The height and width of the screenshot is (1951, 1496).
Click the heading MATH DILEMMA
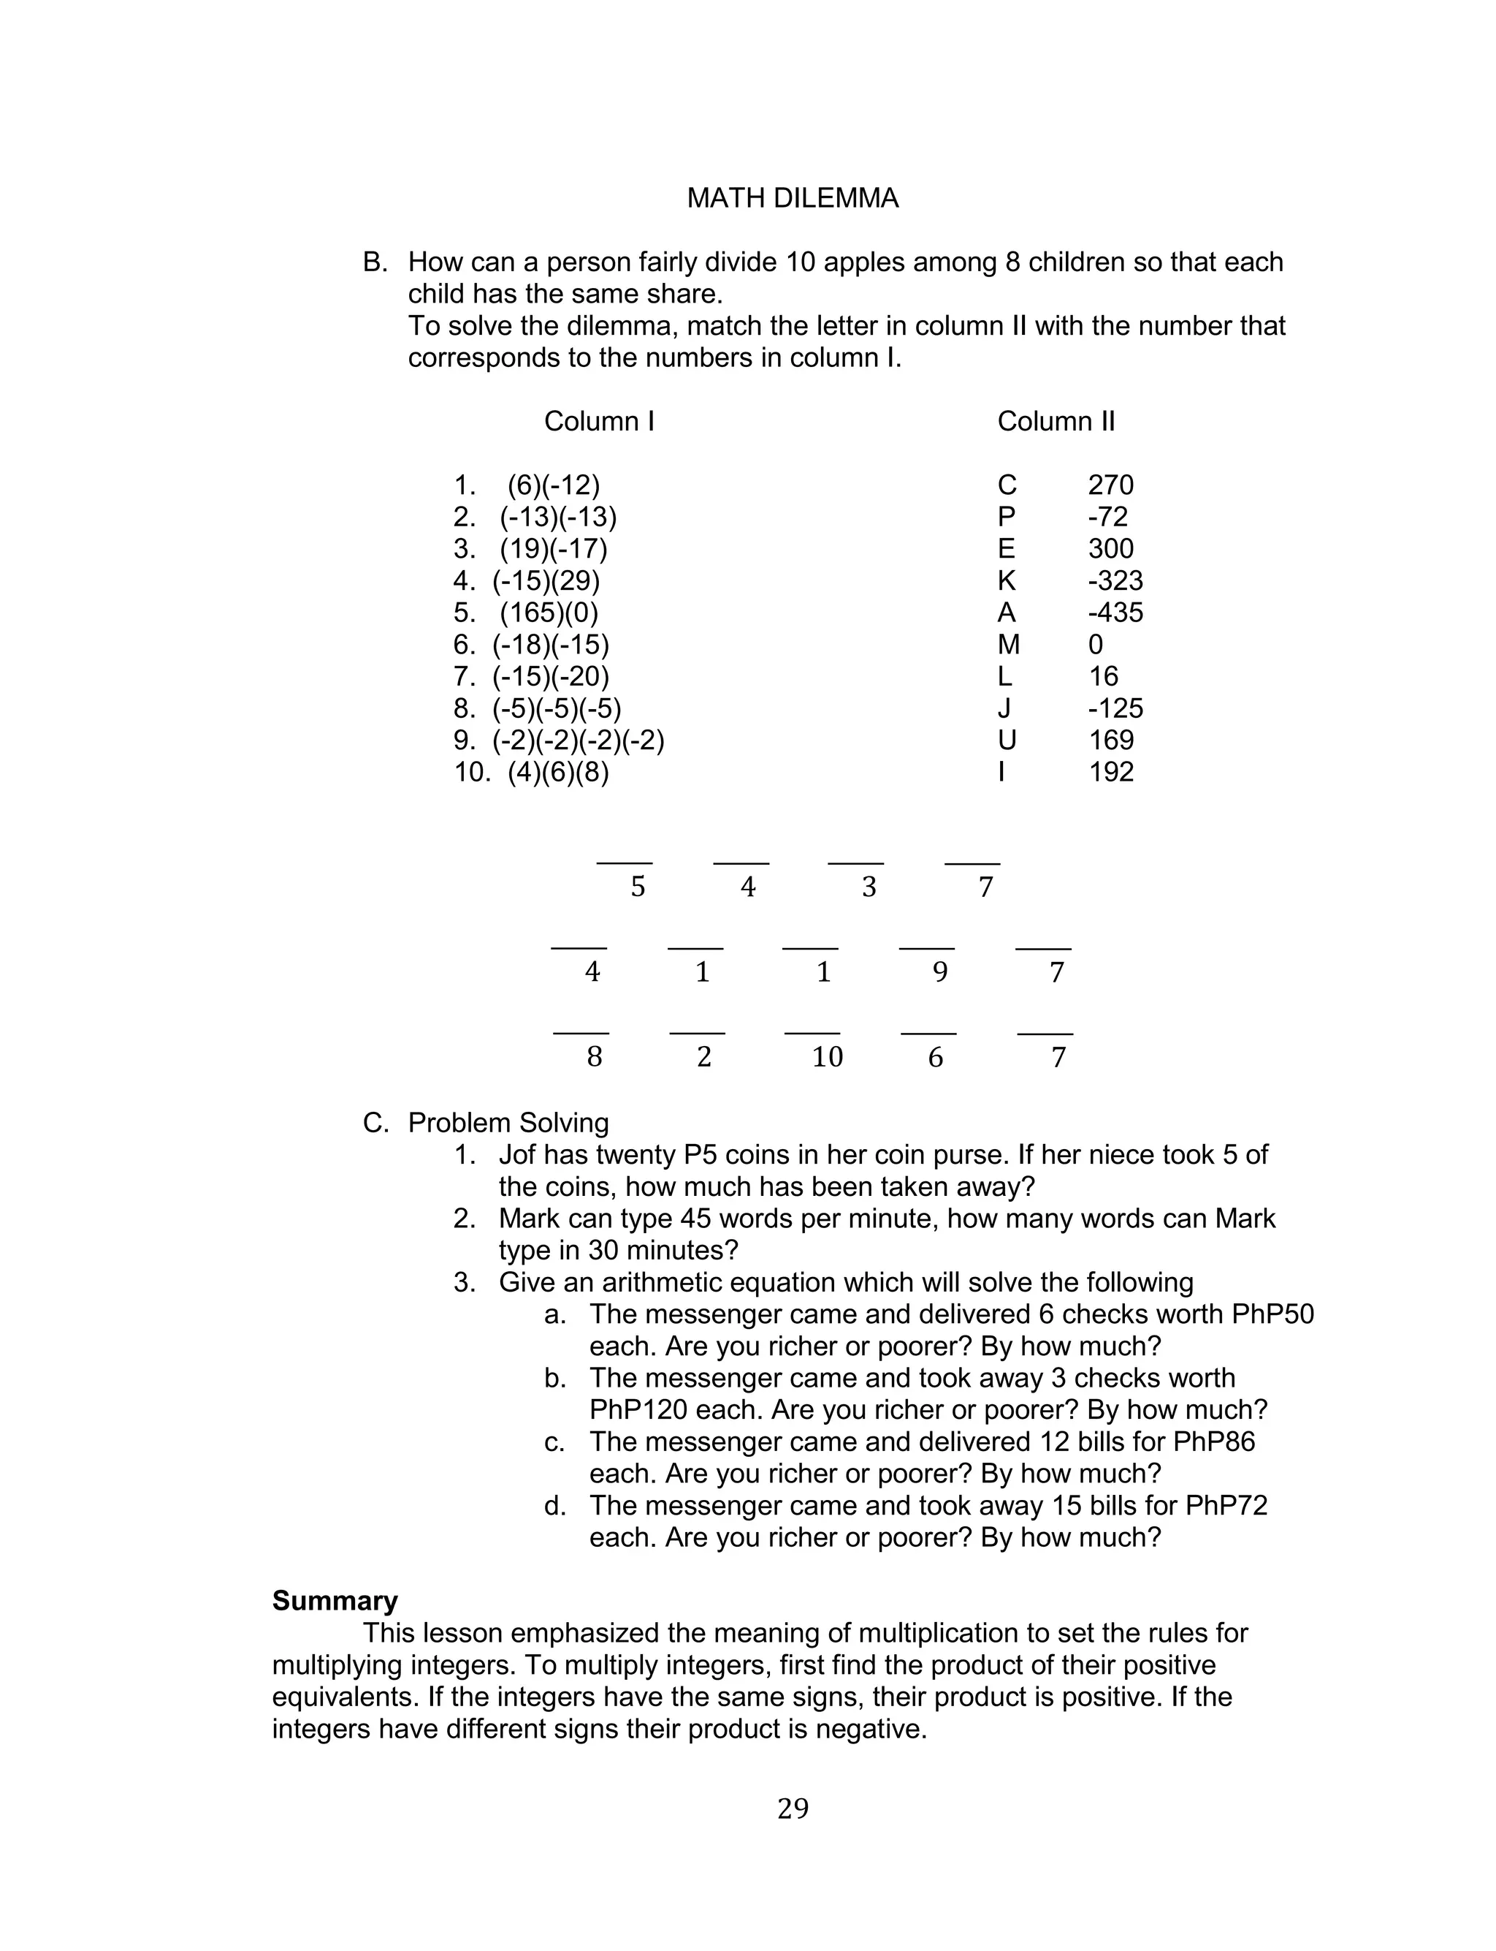[x=793, y=199]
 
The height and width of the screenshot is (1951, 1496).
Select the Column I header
[x=599, y=421]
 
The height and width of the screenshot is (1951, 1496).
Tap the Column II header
[x=1056, y=421]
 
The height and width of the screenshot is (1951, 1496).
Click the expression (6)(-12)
[x=554, y=485]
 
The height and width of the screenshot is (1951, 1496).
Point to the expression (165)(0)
[x=549, y=613]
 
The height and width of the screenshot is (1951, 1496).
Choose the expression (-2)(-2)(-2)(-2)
[x=579, y=740]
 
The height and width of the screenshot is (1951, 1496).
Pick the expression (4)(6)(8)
[x=558, y=773]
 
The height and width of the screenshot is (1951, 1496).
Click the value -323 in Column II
[x=1115, y=581]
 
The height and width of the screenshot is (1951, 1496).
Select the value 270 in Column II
[x=1110, y=485]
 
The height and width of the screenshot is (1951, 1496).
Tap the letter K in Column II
[x=1007, y=581]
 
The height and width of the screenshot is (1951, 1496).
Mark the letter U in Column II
[x=1007, y=740]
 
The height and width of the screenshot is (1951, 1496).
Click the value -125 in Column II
[x=1115, y=709]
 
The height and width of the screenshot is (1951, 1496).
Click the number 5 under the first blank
[x=638, y=887]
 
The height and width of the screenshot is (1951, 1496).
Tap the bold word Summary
[x=335, y=1601]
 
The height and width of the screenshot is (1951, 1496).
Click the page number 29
[x=793, y=1808]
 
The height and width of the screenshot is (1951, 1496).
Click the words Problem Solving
[x=508, y=1124]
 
